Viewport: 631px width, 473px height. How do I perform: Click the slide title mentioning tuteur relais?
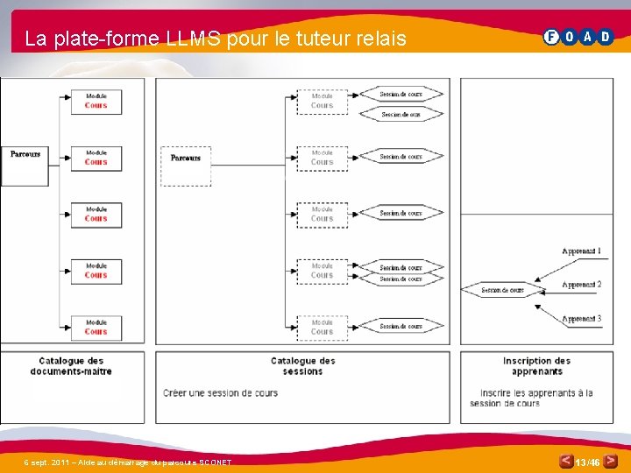[x=216, y=39]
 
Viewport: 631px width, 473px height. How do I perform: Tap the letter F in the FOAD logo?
[x=551, y=37]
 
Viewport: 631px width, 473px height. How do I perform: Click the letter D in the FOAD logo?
[x=606, y=37]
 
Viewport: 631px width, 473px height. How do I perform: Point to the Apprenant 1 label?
[x=581, y=251]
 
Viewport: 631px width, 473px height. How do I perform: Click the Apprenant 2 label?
[x=581, y=285]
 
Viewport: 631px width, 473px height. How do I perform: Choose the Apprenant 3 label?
[x=581, y=319]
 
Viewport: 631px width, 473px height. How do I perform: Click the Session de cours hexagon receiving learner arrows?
[x=502, y=290]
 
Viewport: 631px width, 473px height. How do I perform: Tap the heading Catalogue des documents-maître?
[x=71, y=366]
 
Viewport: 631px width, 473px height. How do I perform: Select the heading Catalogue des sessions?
[x=303, y=366]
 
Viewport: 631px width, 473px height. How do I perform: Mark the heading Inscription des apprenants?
[x=536, y=366]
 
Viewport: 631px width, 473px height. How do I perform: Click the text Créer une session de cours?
[x=220, y=392]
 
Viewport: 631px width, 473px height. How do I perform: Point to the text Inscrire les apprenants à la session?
[x=535, y=398]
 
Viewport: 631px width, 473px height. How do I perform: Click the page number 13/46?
[x=588, y=462]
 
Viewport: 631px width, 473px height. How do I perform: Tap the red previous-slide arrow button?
[x=566, y=461]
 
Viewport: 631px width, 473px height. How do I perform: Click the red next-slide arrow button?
[x=610, y=460]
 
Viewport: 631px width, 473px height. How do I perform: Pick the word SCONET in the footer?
[x=214, y=462]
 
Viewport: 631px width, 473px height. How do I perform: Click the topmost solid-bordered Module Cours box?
[x=96, y=102]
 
